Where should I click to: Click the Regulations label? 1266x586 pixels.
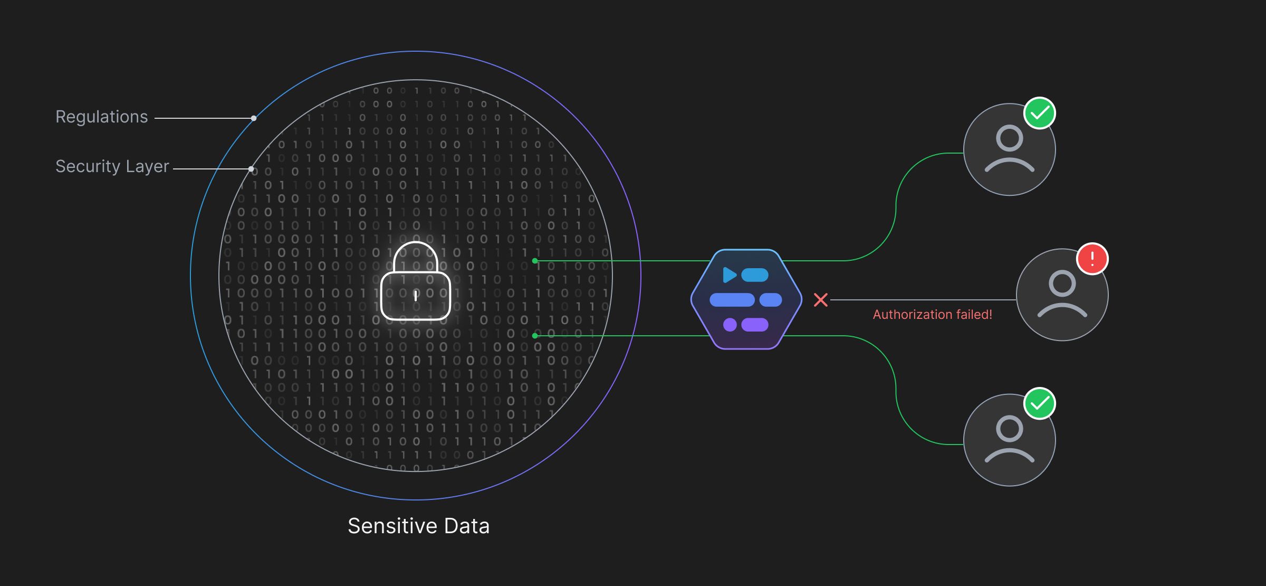point(101,117)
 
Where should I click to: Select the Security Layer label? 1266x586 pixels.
point(112,166)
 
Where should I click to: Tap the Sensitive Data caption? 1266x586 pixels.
point(418,526)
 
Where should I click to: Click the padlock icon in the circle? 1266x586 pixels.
point(416,282)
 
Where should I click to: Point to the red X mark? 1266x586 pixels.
point(820,300)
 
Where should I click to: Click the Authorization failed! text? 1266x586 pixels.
point(932,315)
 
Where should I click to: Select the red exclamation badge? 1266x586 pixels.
point(1092,259)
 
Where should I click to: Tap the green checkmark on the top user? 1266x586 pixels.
point(1040,113)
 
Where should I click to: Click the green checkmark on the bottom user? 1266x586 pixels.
point(1040,404)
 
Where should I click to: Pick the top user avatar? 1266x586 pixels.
point(1009,150)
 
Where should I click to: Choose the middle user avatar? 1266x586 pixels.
point(1062,295)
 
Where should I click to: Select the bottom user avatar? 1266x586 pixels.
point(1009,440)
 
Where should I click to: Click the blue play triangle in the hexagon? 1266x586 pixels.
point(730,275)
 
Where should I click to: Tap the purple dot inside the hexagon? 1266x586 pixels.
point(730,325)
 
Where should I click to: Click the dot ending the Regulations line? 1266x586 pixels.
point(254,118)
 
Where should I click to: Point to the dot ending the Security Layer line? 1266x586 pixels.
point(251,169)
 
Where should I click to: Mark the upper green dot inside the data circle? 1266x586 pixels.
point(535,261)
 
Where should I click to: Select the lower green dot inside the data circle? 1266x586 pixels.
point(535,336)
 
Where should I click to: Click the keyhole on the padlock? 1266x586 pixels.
point(416,296)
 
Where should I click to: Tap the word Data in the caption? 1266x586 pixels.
point(466,526)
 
